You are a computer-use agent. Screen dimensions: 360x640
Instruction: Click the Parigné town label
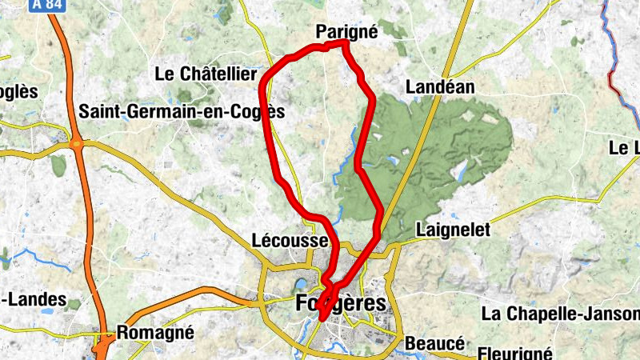pos(346,31)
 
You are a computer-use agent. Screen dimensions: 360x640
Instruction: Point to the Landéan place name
pos(440,86)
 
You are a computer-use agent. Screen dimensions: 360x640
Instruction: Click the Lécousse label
pos(290,240)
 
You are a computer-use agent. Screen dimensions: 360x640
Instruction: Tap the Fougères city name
pos(341,304)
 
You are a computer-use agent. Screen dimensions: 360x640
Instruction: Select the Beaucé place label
pos(436,342)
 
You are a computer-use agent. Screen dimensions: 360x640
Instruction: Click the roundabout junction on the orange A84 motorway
pos(77,144)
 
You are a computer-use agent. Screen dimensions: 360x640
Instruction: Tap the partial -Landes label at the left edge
pos(32,299)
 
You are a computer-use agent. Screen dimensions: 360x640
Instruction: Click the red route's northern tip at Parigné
pos(345,42)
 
